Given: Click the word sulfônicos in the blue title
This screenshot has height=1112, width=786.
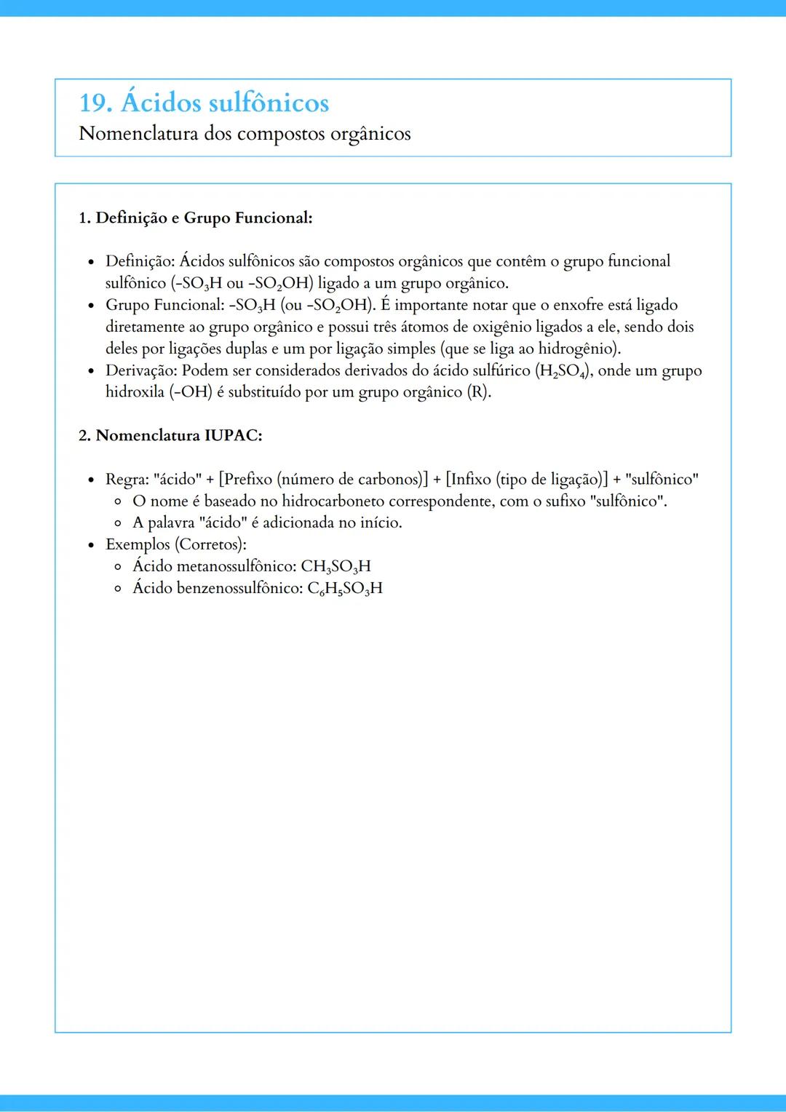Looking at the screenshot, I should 269,103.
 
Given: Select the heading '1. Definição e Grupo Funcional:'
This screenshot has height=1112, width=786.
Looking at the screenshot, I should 195,218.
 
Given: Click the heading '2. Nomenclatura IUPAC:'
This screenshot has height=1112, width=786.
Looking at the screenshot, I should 170,435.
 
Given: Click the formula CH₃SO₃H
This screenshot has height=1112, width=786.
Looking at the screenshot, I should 336,566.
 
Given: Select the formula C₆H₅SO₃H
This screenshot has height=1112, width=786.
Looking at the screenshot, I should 344,588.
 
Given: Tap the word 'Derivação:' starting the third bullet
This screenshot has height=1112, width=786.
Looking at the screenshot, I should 141,370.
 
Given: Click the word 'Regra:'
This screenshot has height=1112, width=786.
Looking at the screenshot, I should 127,479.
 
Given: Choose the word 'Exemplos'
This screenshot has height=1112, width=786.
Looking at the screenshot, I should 138,544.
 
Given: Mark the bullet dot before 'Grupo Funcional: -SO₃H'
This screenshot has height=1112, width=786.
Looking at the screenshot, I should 91,306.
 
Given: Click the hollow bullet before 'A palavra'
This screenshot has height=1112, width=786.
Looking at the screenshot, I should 118,523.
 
